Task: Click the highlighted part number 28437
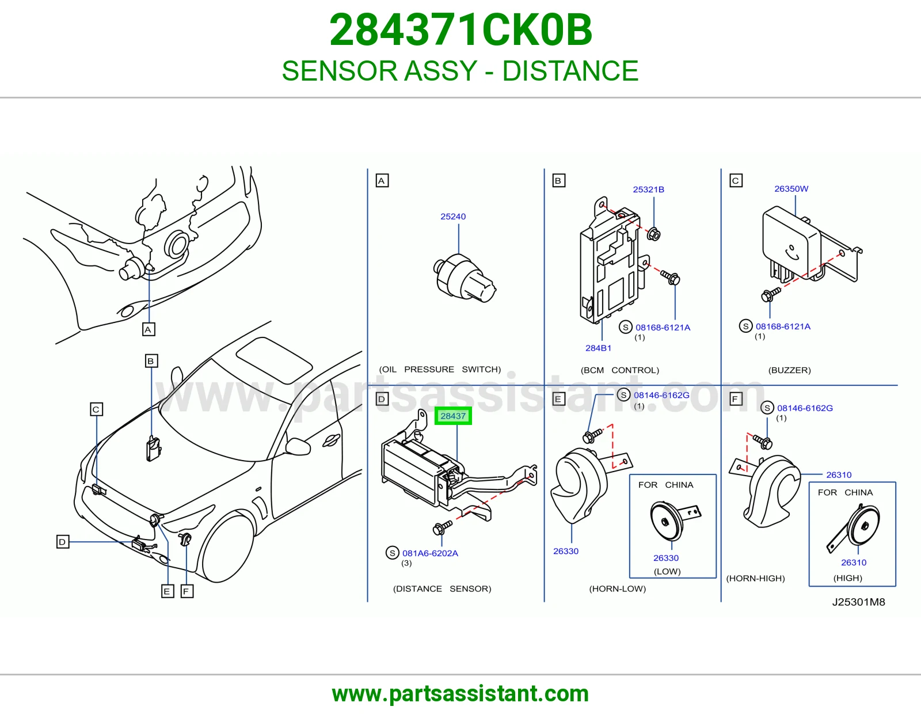[x=452, y=416]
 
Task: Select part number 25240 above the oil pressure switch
[x=452, y=217]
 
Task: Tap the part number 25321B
[x=648, y=189]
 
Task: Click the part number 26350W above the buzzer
[x=791, y=189]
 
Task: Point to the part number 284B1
[x=598, y=348]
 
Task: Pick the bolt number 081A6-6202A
[x=430, y=553]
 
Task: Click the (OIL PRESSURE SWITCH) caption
[x=440, y=369]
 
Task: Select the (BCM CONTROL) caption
[x=619, y=370]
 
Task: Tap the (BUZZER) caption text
[x=789, y=370]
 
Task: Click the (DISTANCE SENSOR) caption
[x=442, y=588]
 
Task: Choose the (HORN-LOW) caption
[x=617, y=588]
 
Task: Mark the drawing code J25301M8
[x=858, y=602]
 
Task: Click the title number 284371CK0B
[x=461, y=30]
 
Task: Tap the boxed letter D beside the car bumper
[x=63, y=541]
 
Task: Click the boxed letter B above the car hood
[x=151, y=361]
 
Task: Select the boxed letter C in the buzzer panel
[x=735, y=181]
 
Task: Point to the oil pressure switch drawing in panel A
[x=465, y=278]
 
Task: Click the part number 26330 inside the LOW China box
[x=665, y=558]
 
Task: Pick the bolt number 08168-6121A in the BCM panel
[x=663, y=327]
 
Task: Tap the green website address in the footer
[x=461, y=694]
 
